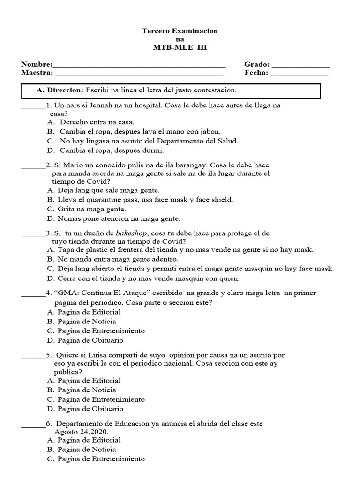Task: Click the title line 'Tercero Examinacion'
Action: tap(180, 31)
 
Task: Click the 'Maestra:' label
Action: tap(37, 73)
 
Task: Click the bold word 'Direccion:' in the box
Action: tap(66, 90)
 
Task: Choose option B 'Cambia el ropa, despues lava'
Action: tap(134, 132)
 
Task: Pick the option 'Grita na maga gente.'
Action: tap(85, 209)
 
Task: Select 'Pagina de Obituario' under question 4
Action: tap(85, 340)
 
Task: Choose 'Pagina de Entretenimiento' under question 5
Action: tap(96, 399)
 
